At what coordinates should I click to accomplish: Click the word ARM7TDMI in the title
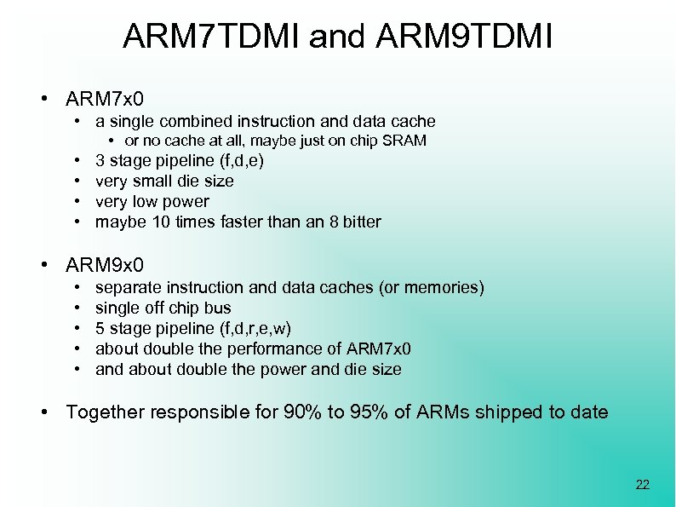pyautogui.click(x=212, y=37)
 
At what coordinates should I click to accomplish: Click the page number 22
pyautogui.click(x=642, y=485)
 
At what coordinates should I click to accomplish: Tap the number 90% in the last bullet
pyautogui.click(x=302, y=412)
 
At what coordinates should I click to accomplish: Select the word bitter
pyautogui.click(x=361, y=222)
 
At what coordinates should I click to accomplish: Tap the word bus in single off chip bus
pyautogui.click(x=219, y=308)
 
